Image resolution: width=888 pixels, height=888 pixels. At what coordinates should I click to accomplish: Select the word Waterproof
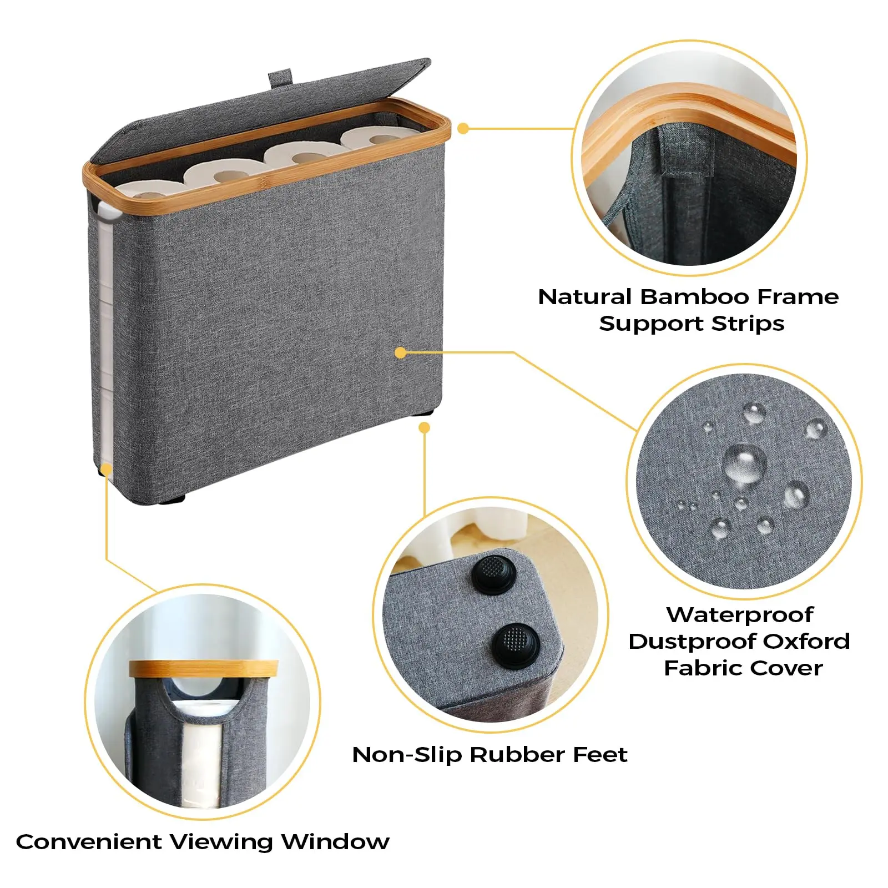tap(740, 615)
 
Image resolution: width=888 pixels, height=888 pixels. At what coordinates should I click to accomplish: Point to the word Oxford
tap(806, 641)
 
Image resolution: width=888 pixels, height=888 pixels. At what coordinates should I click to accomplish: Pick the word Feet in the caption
tap(602, 755)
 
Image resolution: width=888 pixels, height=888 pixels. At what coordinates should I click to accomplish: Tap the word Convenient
tap(88, 842)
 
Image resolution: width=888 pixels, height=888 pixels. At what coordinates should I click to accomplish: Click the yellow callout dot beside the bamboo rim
tap(463, 129)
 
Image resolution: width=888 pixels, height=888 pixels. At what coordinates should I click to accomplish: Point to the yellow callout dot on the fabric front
tap(401, 352)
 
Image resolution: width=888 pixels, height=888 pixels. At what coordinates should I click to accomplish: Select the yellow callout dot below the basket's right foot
tap(425, 427)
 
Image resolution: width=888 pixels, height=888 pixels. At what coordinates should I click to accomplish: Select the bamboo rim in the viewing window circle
tap(204, 669)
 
